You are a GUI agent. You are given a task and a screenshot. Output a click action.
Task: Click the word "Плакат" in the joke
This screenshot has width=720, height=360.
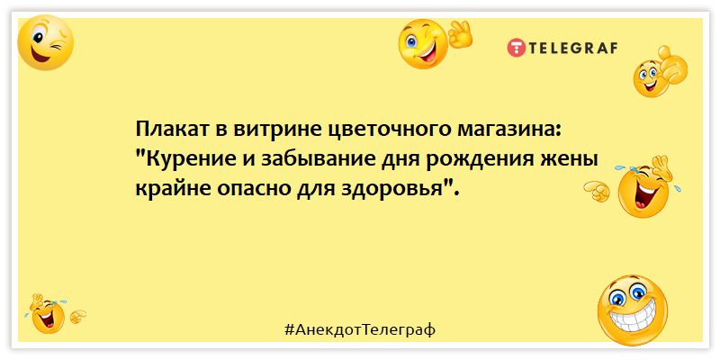[169, 130]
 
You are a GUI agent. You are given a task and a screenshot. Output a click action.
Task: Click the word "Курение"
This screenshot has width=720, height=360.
[184, 160]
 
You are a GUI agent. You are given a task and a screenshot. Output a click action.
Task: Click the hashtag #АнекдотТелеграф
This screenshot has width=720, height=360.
[359, 329]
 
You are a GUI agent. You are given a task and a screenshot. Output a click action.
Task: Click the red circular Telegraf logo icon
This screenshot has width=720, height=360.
[516, 48]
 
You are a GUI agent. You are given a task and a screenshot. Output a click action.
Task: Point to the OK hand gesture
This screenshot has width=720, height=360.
[460, 34]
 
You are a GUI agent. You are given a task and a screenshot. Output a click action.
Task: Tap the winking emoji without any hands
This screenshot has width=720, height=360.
[45, 42]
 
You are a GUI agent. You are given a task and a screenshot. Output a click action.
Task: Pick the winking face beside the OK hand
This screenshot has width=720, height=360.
[423, 44]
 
